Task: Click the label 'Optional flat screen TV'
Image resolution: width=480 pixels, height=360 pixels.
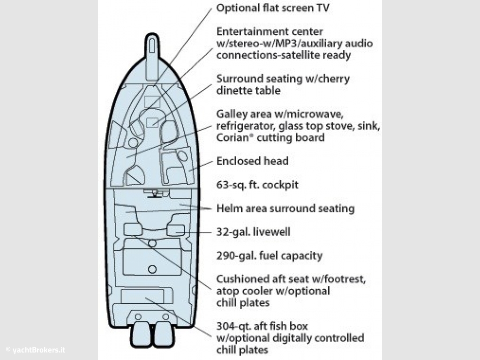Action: (x=273, y=8)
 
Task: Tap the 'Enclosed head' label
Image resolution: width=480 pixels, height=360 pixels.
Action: (x=252, y=161)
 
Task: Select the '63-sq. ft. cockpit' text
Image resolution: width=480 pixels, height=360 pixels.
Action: (x=257, y=185)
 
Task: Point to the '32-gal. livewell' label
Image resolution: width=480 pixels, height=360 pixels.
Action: (x=253, y=232)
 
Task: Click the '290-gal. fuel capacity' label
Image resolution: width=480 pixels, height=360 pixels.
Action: (x=270, y=255)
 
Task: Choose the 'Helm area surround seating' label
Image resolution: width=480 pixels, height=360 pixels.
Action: (x=285, y=209)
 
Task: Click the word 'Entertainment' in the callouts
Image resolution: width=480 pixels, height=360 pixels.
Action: (x=270, y=31)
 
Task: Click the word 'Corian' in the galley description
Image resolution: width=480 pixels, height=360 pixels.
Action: (x=233, y=138)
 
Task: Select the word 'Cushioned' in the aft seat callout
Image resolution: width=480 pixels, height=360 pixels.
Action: (x=240, y=279)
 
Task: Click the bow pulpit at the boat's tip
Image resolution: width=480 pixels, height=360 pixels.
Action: (x=152, y=55)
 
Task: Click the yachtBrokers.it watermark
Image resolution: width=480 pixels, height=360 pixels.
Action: (x=36, y=350)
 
